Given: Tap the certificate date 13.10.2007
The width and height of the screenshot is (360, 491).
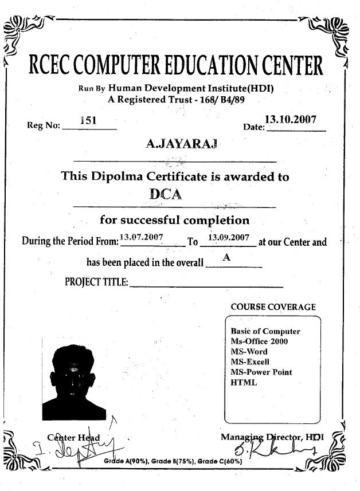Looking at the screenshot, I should [291, 120].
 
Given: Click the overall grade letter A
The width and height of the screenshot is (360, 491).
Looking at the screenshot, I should [227, 258].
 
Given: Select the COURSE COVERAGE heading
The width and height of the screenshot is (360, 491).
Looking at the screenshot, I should [273, 307].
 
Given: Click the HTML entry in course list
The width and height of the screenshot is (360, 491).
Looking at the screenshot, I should [244, 382].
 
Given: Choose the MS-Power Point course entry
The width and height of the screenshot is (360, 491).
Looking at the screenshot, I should [261, 372].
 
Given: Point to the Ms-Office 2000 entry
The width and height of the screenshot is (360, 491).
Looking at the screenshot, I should [259, 341].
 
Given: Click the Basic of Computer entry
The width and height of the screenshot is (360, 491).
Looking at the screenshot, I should [265, 331].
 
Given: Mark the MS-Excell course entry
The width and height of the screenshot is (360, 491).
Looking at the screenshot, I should [249, 362].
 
